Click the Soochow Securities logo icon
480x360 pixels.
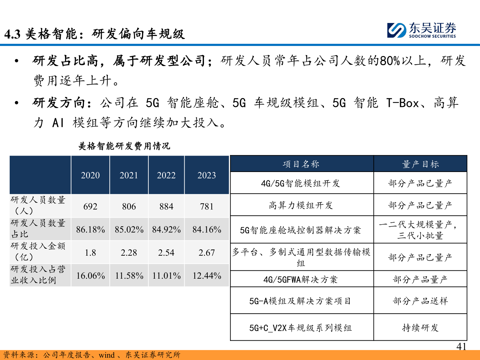click(x=397, y=30)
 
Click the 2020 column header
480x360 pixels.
click(x=90, y=175)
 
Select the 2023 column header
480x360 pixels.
click(x=207, y=175)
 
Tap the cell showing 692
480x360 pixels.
click(x=90, y=207)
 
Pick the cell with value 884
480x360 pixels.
click(x=166, y=207)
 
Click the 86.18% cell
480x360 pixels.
click(x=90, y=230)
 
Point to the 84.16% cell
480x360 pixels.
click(x=207, y=230)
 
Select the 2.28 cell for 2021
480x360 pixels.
click(x=129, y=253)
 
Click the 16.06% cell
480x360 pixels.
click(x=90, y=276)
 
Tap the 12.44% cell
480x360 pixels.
click(x=207, y=276)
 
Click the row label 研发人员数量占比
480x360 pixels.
click(x=38, y=229)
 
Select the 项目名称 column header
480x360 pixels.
click(x=301, y=164)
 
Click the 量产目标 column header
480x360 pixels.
click(x=420, y=164)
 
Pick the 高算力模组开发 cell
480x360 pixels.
click(x=301, y=205)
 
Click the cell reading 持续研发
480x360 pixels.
click(x=420, y=328)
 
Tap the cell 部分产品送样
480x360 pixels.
click(x=420, y=301)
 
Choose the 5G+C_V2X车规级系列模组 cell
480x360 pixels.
click(x=301, y=328)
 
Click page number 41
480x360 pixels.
click(x=461, y=347)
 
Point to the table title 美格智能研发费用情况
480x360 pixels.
click(x=124, y=146)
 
